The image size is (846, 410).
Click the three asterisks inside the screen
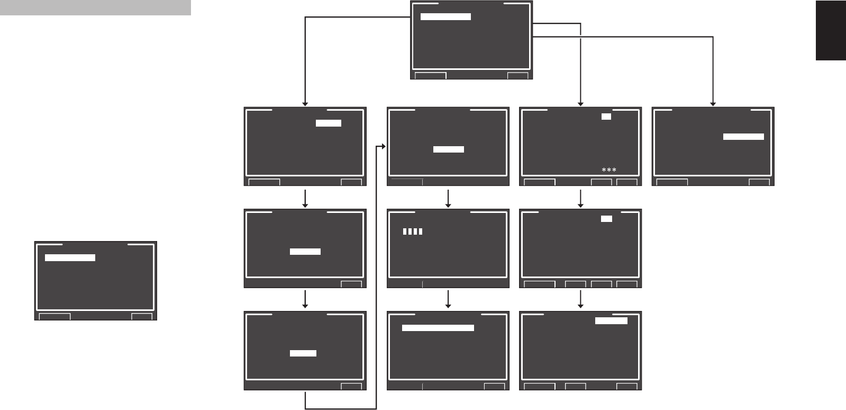[x=609, y=170]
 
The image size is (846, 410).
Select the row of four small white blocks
[x=413, y=231]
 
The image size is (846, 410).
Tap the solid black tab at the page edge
[x=831, y=31]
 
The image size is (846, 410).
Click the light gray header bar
[x=95, y=7]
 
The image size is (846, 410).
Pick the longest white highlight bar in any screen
[x=438, y=328]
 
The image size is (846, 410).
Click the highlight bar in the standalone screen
[x=70, y=257]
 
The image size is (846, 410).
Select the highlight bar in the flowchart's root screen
[x=445, y=17]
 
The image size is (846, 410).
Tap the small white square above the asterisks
[x=606, y=116]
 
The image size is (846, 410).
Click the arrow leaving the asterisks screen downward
[x=581, y=198]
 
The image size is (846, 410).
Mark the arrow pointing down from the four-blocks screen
[x=448, y=299]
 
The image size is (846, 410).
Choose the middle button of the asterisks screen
[x=601, y=182]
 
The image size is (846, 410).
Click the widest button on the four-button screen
[x=540, y=284]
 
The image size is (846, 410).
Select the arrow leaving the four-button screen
[x=581, y=299]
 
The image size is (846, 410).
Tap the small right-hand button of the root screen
[x=517, y=76]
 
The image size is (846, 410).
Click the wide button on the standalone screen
[x=55, y=317]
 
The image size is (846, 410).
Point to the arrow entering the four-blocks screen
[x=448, y=198]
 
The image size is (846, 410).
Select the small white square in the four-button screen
[x=607, y=218]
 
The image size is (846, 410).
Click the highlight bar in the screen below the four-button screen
[x=611, y=320]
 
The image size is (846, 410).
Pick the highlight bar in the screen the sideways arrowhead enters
[x=449, y=149]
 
